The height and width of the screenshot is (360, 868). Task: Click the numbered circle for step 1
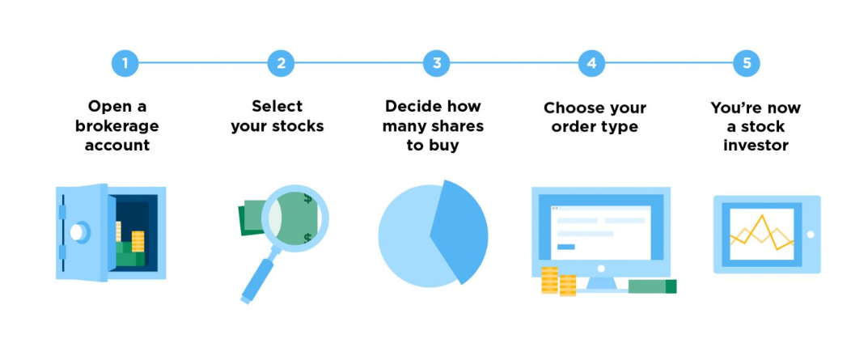click(x=125, y=63)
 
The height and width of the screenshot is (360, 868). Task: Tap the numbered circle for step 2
click(x=281, y=63)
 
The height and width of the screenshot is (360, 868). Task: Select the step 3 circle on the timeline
click(x=437, y=63)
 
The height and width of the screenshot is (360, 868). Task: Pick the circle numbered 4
click(x=592, y=63)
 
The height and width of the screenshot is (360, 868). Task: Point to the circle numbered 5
click(x=747, y=63)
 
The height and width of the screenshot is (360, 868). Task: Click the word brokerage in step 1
click(x=116, y=126)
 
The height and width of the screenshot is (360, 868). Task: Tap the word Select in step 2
click(x=277, y=106)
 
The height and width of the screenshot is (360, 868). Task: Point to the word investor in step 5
click(x=756, y=146)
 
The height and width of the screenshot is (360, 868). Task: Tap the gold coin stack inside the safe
click(x=138, y=241)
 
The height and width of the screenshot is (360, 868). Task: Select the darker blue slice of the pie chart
click(x=459, y=232)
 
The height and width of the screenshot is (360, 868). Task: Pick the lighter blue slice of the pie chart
click(x=409, y=236)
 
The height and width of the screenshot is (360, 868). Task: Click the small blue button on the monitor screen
click(x=565, y=247)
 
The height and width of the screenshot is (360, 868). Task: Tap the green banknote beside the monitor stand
click(x=652, y=286)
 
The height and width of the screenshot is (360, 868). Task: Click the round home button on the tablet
click(x=811, y=235)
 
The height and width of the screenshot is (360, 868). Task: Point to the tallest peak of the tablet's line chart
click(x=762, y=215)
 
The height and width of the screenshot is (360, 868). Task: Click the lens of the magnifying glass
click(x=295, y=218)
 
